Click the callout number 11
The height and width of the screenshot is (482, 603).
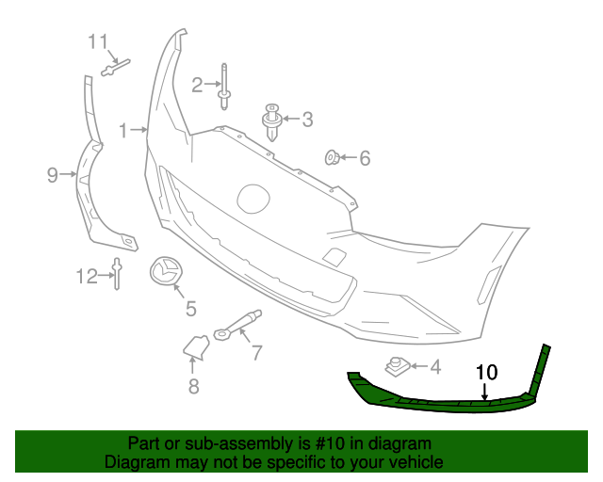click(x=99, y=41)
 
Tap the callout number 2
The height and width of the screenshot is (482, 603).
click(x=197, y=86)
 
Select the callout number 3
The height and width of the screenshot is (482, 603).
click(x=307, y=120)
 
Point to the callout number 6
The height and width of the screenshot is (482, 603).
click(x=364, y=158)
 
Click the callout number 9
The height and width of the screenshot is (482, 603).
click(x=53, y=173)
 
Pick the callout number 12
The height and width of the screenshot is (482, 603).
click(x=87, y=276)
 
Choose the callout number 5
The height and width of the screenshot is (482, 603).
click(x=190, y=308)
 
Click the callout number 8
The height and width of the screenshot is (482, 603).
click(x=193, y=386)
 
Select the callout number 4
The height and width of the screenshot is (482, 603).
click(x=434, y=367)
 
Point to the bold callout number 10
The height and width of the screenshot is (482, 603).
click(x=486, y=372)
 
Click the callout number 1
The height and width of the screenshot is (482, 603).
click(x=122, y=129)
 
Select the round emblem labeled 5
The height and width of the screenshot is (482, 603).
click(x=166, y=271)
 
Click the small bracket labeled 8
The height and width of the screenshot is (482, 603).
click(x=196, y=347)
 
